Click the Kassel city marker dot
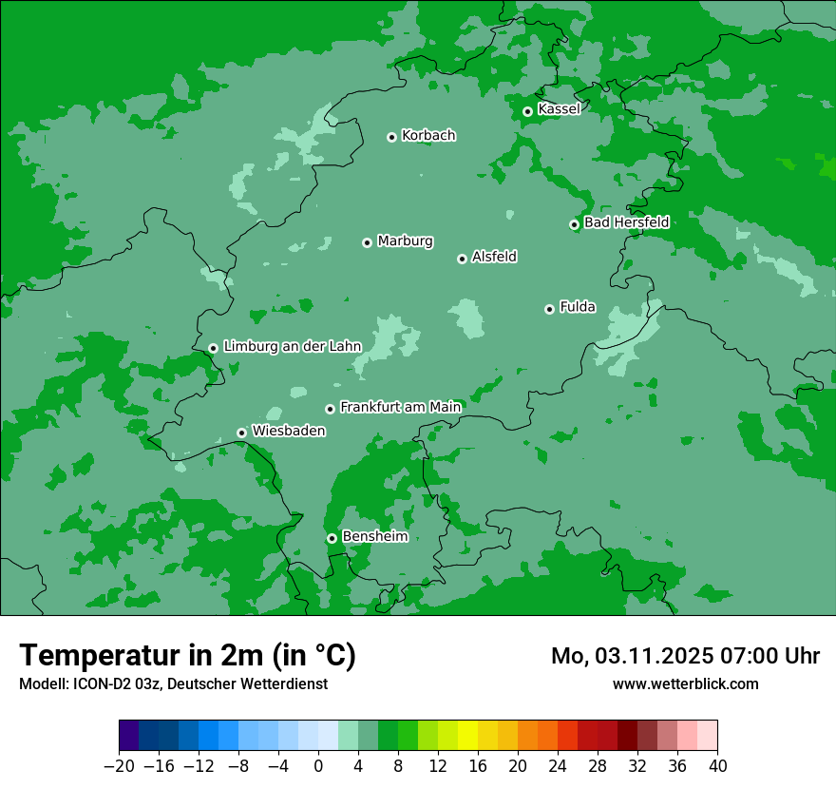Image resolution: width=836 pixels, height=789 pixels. click(527, 111)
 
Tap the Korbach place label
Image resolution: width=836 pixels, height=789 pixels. click(428, 135)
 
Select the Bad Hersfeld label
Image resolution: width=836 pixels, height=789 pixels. click(626, 222)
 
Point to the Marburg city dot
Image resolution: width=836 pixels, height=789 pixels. click(367, 242)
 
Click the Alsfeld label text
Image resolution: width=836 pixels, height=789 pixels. click(494, 257)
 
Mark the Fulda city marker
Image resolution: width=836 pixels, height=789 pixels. click(549, 309)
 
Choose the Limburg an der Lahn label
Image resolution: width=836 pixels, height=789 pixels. click(292, 346)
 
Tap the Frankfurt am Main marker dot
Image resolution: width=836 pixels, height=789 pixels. click(330, 409)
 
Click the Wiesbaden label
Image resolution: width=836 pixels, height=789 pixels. click(288, 431)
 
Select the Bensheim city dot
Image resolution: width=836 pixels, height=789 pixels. click(332, 538)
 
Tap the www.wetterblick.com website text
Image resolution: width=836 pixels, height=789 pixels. click(685, 683)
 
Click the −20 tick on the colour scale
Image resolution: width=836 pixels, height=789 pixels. click(119, 766)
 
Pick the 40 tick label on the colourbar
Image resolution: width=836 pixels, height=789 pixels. click(717, 766)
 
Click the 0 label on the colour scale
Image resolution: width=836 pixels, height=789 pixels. click(318, 766)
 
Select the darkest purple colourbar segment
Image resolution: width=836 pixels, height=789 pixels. click(128, 736)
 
